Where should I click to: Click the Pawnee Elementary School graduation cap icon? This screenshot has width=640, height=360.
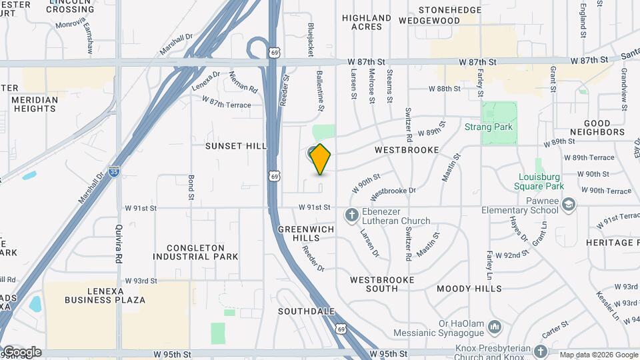tap(568, 203)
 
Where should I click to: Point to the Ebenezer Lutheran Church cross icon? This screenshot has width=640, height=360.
tap(351, 215)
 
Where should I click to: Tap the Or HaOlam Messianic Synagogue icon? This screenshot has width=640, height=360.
tap(495, 327)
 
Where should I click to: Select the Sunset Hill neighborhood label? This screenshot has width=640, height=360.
tap(235, 146)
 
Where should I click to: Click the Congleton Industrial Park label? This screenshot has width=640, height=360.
tap(195, 252)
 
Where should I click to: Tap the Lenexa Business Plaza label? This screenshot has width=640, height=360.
tap(105, 295)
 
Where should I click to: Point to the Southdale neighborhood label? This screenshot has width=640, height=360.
tap(306, 311)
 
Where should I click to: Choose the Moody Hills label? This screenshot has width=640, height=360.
tap(469, 289)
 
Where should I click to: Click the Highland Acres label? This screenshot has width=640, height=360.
tap(367, 22)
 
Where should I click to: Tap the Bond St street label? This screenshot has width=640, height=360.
tap(191, 187)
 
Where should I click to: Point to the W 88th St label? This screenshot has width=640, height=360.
tap(445, 88)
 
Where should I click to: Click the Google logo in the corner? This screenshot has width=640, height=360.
tap(21, 352)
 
